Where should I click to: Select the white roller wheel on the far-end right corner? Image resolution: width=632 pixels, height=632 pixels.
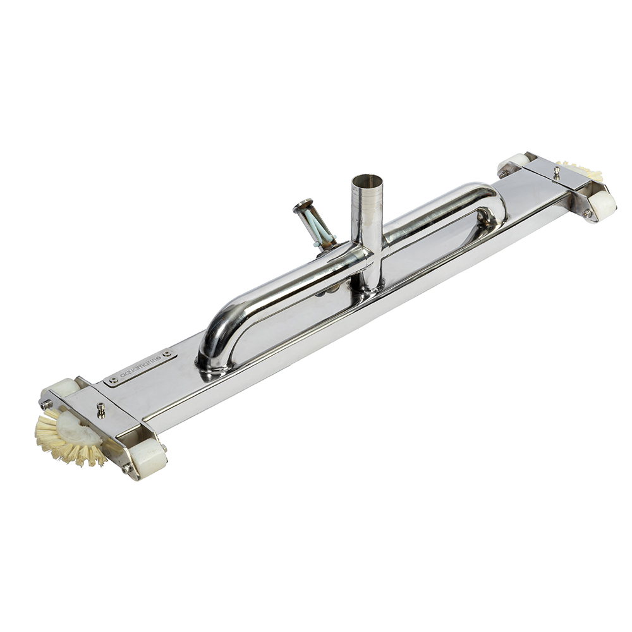[600, 205]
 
